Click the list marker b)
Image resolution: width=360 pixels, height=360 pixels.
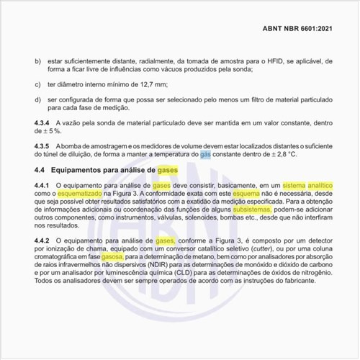(x=37, y=61)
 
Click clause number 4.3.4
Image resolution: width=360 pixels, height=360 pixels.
(x=44, y=124)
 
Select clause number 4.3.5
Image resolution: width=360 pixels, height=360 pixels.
(x=44, y=146)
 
